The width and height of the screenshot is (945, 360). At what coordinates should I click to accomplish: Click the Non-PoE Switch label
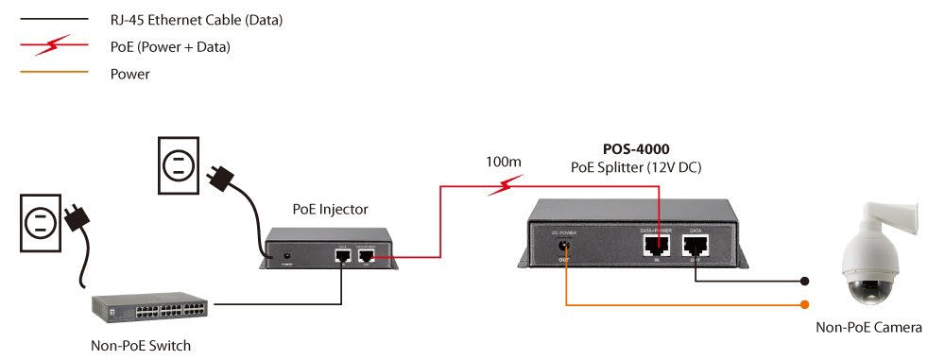(x=140, y=345)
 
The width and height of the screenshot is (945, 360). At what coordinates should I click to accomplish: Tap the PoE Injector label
(x=331, y=210)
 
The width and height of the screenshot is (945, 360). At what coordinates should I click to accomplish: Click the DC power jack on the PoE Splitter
(x=564, y=244)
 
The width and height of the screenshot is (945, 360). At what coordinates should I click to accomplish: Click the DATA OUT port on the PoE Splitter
(x=695, y=246)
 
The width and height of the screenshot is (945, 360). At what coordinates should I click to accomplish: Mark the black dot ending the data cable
(x=805, y=281)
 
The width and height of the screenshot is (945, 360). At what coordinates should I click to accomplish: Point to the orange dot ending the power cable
(x=805, y=304)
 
